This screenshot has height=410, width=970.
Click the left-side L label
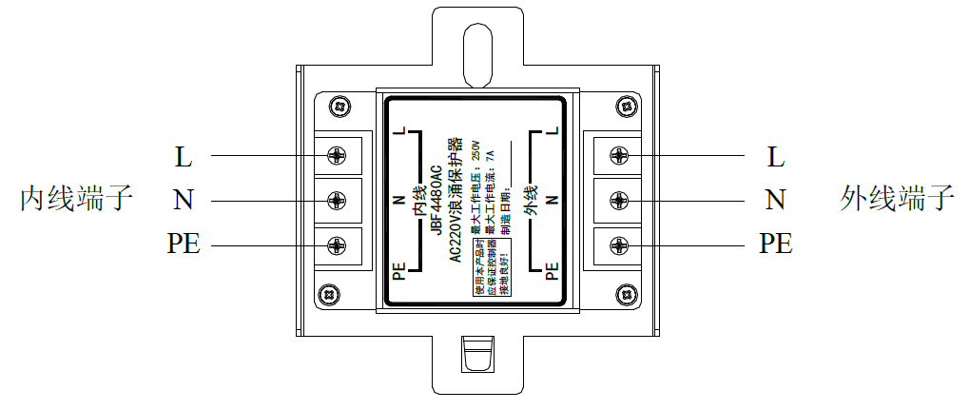(184, 155)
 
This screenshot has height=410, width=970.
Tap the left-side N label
(184, 200)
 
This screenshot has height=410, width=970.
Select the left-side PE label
(184, 244)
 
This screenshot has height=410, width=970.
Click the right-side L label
(776, 155)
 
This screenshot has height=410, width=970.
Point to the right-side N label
(776, 200)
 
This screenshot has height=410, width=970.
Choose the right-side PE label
(776, 244)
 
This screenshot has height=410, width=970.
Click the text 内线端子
(77, 200)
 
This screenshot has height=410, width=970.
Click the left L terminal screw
(336, 155)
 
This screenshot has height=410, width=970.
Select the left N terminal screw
(336, 200)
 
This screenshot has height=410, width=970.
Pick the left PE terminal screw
(336, 244)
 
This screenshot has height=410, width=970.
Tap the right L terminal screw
(618, 155)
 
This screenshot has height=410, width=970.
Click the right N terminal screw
(618, 200)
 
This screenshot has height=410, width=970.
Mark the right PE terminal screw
(618, 244)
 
